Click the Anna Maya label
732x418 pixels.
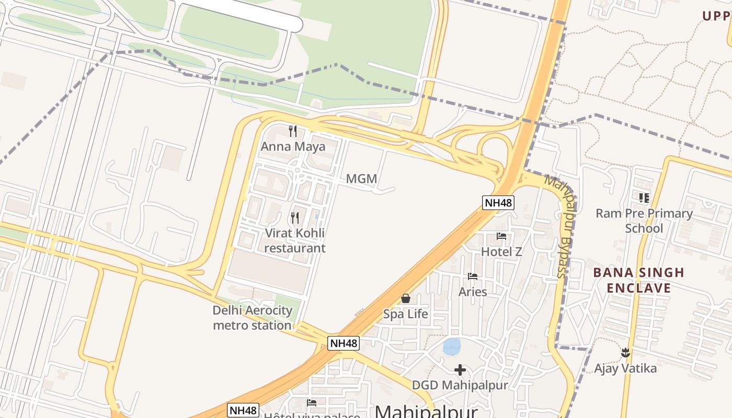click(x=293, y=146)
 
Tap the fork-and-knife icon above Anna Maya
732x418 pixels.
click(x=293, y=131)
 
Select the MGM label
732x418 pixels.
click(x=361, y=179)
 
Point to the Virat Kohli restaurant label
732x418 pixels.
click(x=295, y=240)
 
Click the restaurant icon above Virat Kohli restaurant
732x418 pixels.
click(x=295, y=217)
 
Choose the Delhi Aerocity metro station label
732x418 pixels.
click(x=252, y=318)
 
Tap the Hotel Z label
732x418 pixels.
click(x=501, y=251)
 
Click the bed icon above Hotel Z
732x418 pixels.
click(x=501, y=236)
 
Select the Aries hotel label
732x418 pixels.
click(x=473, y=292)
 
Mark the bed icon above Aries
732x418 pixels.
click(x=473, y=276)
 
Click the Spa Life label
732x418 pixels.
click(x=406, y=314)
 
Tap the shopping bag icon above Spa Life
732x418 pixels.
click(x=406, y=298)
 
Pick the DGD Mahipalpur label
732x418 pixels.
click(x=460, y=385)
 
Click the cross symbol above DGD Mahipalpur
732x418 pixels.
click(x=460, y=370)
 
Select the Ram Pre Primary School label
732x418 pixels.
click(x=644, y=220)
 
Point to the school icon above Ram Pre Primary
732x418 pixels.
click(x=644, y=198)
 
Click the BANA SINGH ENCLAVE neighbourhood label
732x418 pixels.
click(x=638, y=280)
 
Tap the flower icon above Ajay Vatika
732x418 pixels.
click(x=625, y=353)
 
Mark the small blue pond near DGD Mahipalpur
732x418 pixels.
click(x=452, y=345)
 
